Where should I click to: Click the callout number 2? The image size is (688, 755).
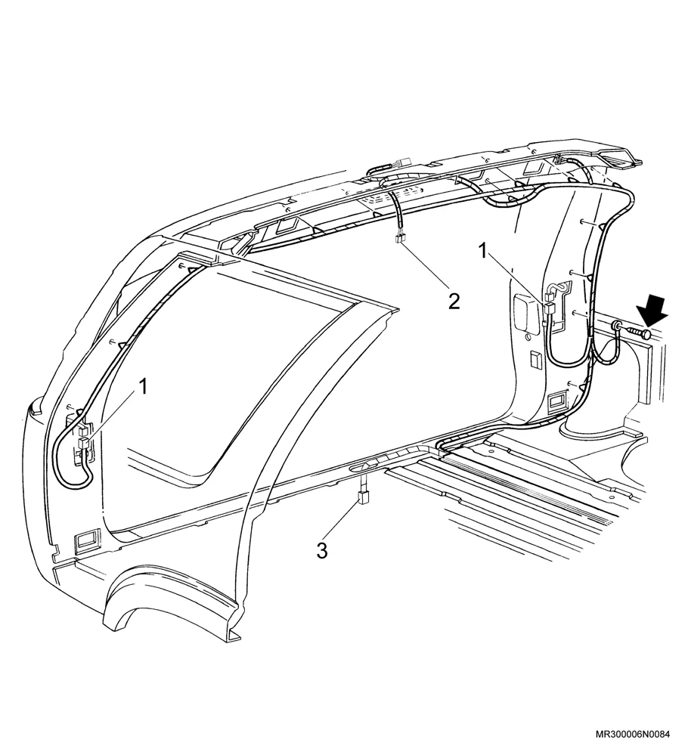point(454,302)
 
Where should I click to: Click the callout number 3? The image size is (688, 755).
point(322,550)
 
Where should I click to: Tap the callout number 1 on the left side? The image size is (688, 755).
point(143,387)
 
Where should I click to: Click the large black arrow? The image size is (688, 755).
point(653,311)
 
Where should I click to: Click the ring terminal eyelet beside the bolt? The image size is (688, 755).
point(616,327)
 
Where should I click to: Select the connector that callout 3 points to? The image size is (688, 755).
point(361,497)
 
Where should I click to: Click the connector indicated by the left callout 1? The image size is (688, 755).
point(82,438)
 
